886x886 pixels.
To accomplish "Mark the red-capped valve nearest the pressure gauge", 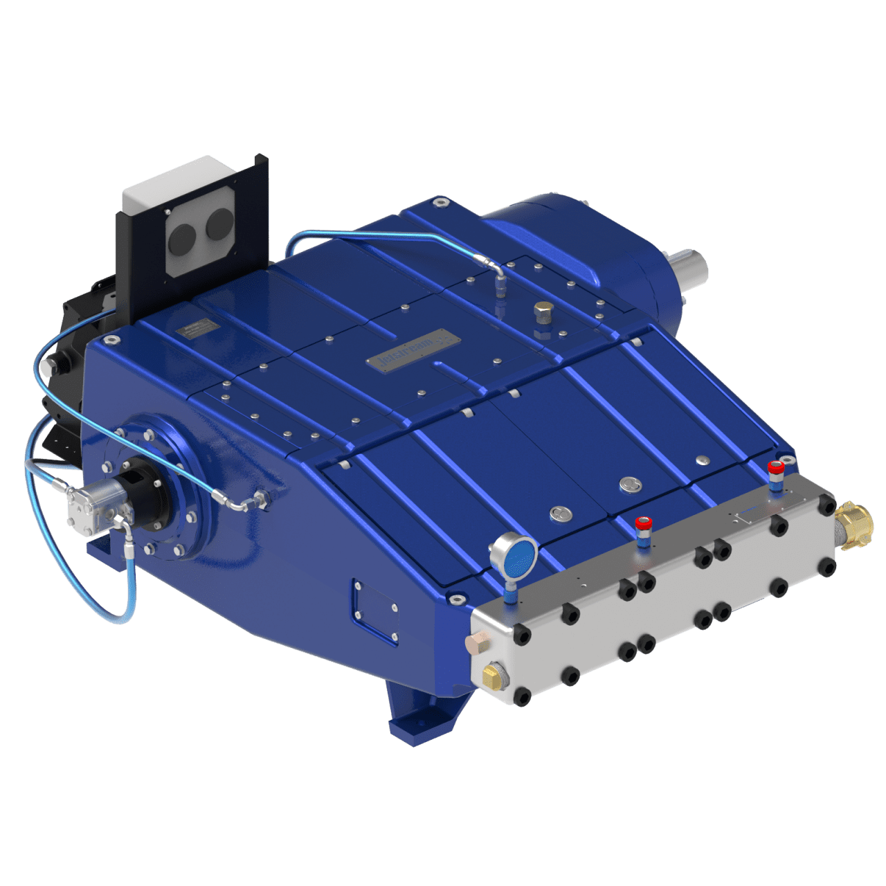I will (x=643, y=524).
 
